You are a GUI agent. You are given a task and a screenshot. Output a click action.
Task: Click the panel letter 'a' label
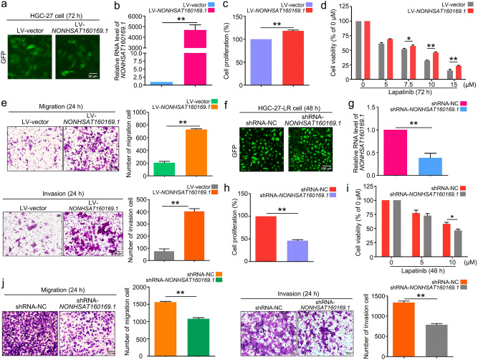(x=6, y=7)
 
